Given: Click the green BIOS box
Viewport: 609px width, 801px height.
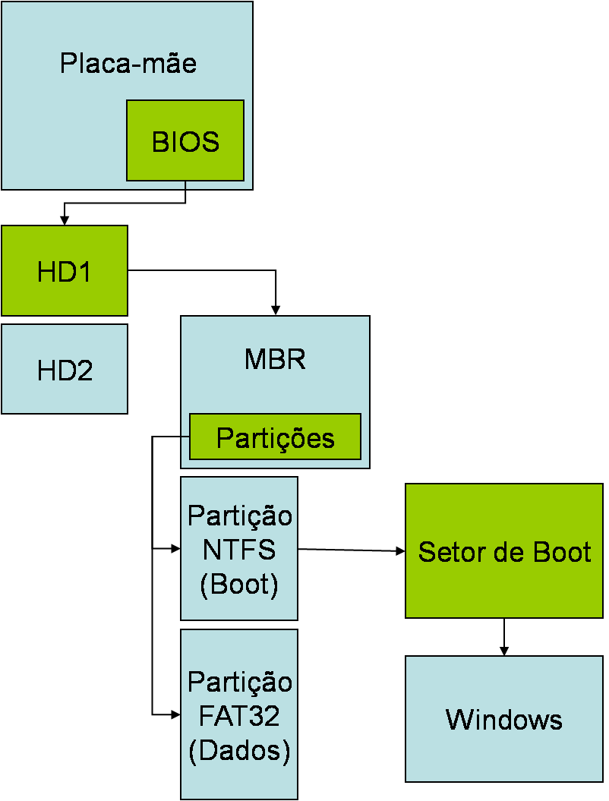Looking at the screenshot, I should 185,140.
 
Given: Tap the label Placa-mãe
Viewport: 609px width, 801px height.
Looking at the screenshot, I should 128,63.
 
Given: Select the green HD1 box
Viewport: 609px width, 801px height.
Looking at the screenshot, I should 65,270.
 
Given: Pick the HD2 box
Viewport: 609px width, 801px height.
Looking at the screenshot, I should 65,370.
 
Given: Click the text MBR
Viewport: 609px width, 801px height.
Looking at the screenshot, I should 275,358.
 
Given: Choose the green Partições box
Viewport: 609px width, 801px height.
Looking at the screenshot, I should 275,437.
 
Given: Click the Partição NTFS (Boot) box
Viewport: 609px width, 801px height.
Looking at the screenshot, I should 239,548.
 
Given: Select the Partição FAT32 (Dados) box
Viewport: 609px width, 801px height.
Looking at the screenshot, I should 239,714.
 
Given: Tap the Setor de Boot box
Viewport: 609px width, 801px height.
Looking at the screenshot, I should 504,551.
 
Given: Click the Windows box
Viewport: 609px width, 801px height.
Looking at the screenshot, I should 504,718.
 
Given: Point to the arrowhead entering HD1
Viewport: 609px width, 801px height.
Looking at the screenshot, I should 65,220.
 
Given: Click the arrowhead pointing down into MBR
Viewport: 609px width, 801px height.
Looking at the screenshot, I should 276,310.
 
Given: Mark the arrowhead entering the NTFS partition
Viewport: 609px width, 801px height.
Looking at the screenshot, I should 175,548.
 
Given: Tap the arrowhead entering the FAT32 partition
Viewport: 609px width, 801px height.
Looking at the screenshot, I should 175,714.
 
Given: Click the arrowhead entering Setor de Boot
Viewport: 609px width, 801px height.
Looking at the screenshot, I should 400,552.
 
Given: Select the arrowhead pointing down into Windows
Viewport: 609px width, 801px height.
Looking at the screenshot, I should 503,651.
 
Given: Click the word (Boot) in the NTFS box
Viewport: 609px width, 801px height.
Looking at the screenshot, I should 239,584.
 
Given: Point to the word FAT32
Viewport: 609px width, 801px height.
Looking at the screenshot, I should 239,715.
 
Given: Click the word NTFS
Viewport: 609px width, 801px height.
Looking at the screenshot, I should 239,549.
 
